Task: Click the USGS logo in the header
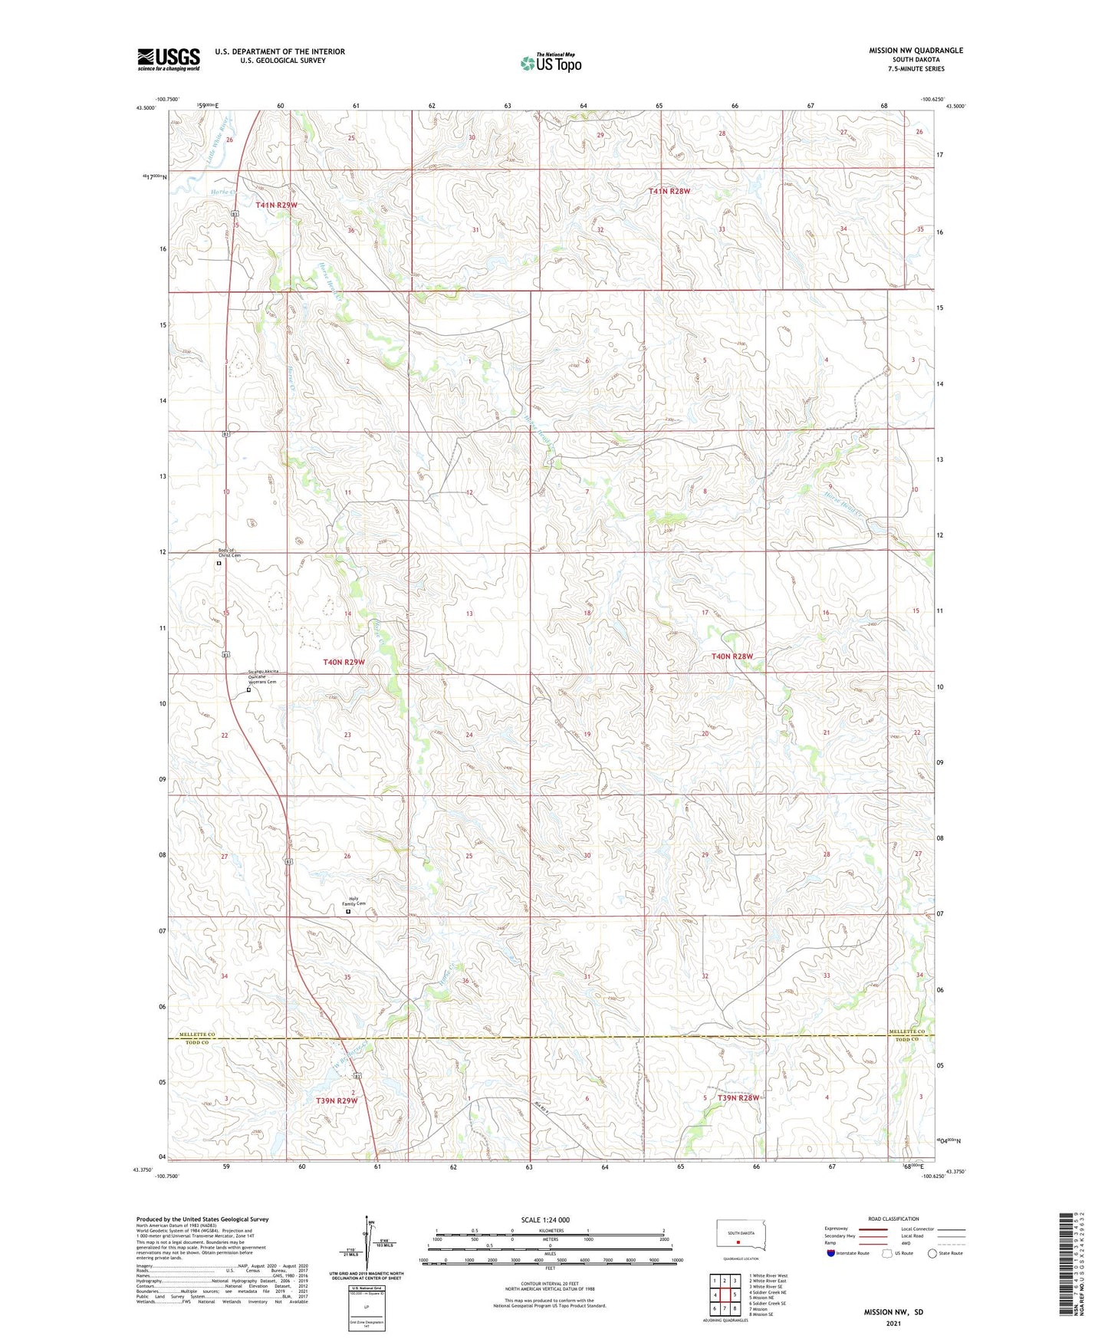169,59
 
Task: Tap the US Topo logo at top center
551,63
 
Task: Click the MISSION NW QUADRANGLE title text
916,51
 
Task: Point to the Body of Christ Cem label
229,553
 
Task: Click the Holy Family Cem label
353,903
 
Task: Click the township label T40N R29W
344,661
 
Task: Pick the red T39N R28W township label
738,1098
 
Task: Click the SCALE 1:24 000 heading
545,1220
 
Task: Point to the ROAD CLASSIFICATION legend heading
893,1219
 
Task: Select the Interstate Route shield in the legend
831,1253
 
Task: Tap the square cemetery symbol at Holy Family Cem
348,912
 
